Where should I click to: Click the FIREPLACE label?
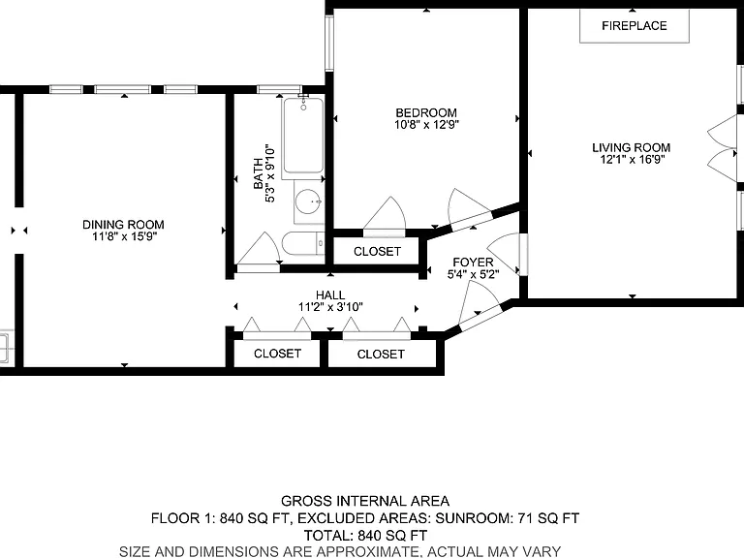click(x=634, y=25)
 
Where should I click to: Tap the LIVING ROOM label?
click(x=631, y=147)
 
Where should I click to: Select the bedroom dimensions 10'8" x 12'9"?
click(x=426, y=125)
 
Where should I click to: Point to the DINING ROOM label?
click(x=123, y=225)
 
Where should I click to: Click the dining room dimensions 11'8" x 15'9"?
click(x=124, y=236)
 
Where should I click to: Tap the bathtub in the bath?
click(x=303, y=136)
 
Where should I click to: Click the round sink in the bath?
click(x=308, y=201)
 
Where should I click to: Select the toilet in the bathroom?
click(x=303, y=243)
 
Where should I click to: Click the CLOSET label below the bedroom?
click(x=377, y=252)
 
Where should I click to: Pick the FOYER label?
click(x=473, y=263)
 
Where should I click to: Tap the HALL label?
click(x=330, y=295)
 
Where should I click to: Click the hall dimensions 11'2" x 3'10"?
click(x=330, y=307)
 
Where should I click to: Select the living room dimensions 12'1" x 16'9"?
click(x=632, y=160)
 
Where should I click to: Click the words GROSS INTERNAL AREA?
click(x=365, y=501)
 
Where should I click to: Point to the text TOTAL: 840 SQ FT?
click(x=365, y=536)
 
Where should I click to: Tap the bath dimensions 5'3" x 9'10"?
click(x=270, y=173)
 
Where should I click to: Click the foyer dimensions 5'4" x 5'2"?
click(x=473, y=274)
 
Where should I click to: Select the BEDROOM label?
click(x=426, y=113)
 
